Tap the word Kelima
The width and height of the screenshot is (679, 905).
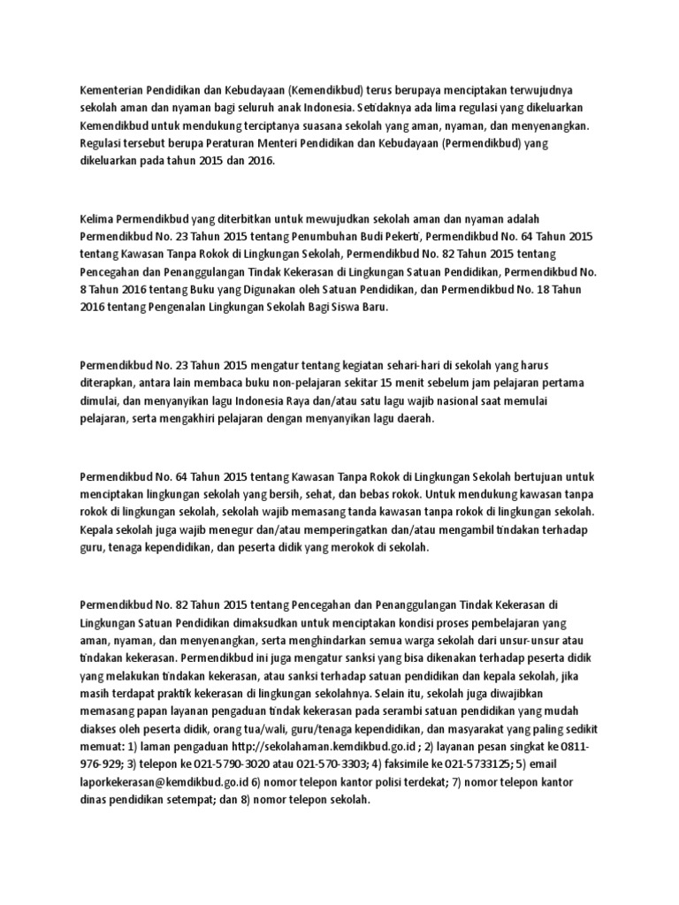coord(98,218)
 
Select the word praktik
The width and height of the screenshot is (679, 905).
coord(201,695)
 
